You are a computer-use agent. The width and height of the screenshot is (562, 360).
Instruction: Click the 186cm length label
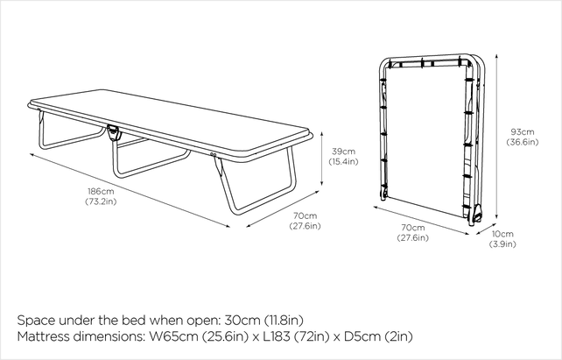(x=101, y=191)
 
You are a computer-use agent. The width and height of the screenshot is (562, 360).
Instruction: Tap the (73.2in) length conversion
(x=101, y=201)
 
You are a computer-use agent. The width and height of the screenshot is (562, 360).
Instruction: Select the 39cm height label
(x=342, y=150)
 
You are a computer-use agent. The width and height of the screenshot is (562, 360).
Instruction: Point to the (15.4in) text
(x=342, y=162)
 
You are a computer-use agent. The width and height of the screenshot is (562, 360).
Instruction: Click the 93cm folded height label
(x=523, y=132)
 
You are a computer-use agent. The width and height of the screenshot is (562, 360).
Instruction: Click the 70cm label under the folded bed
(x=411, y=226)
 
